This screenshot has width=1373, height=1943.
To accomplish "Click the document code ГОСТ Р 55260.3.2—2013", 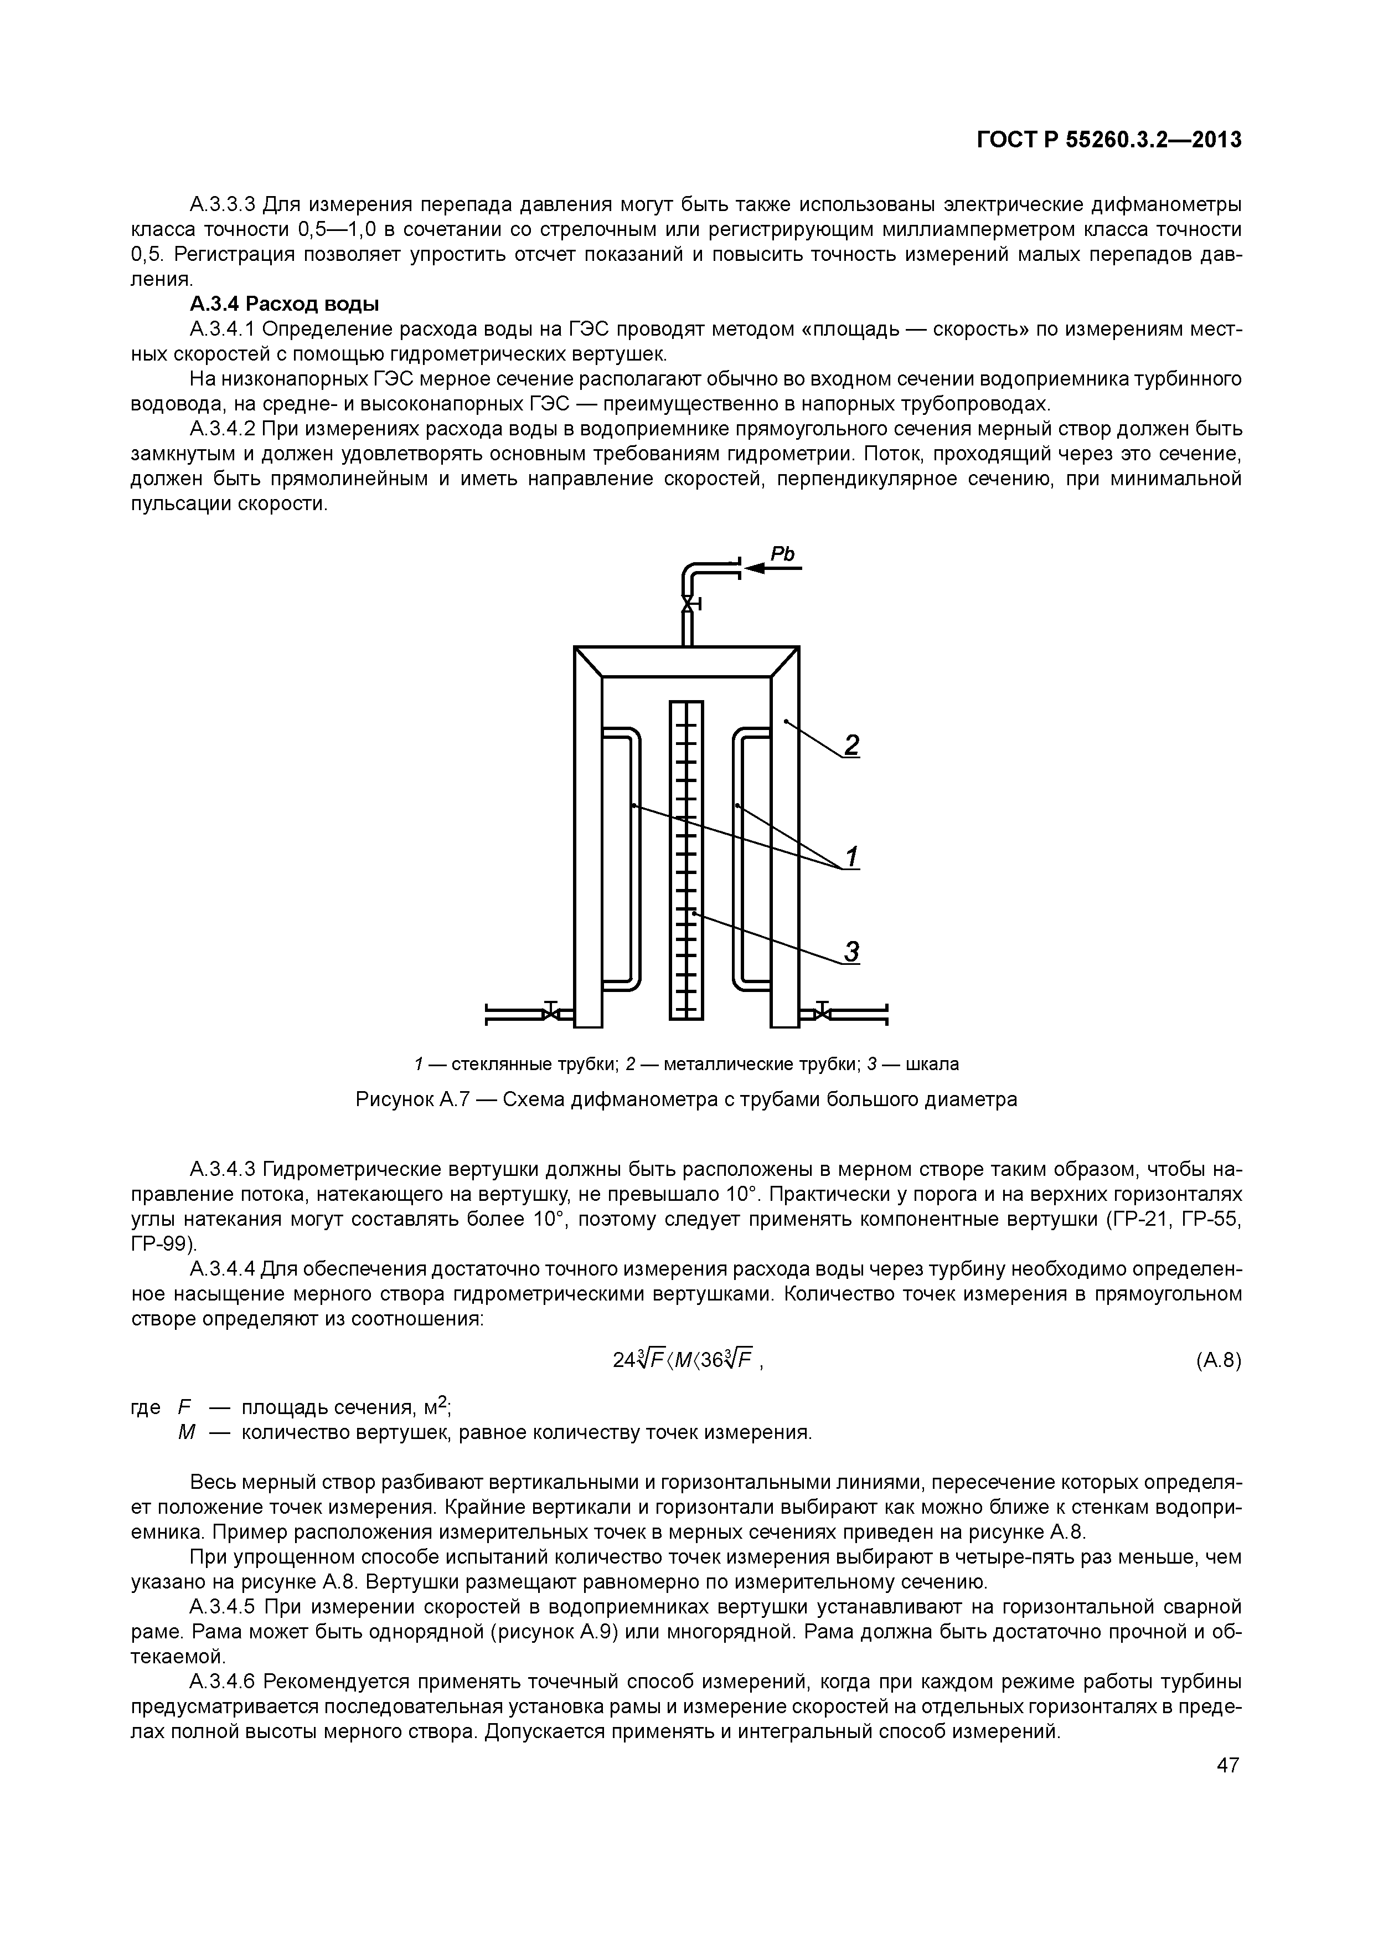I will pyautogui.click(x=1109, y=140).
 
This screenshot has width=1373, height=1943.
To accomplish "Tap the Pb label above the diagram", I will pyautogui.click(x=782, y=554).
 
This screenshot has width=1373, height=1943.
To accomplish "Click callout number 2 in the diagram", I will pyautogui.click(x=851, y=745).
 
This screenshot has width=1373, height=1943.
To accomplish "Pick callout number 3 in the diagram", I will pyautogui.click(x=851, y=952).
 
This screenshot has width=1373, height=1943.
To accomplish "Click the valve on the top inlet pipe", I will pyautogui.click(x=688, y=604).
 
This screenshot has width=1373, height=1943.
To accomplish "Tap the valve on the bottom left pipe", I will pyautogui.click(x=551, y=1012).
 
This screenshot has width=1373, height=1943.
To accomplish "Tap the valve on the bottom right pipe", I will pyautogui.click(x=822, y=1012).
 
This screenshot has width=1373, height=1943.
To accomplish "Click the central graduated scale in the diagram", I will pyautogui.click(x=686, y=859).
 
